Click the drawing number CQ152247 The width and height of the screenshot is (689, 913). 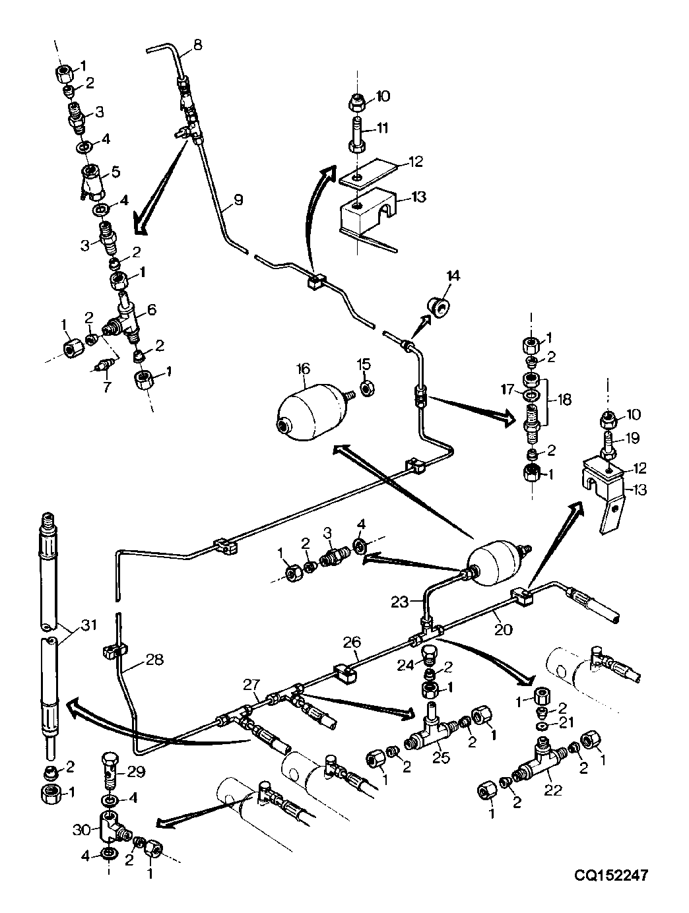[x=610, y=875]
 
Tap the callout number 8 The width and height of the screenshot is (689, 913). [x=197, y=44]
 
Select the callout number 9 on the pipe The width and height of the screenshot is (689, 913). [x=238, y=200]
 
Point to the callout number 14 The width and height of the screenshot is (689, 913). [x=453, y=275]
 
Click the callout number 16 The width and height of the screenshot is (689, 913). [x=304, y=369]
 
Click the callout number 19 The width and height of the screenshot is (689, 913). [x=632, y=437]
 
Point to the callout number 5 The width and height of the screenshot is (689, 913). [x=115, y=172]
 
